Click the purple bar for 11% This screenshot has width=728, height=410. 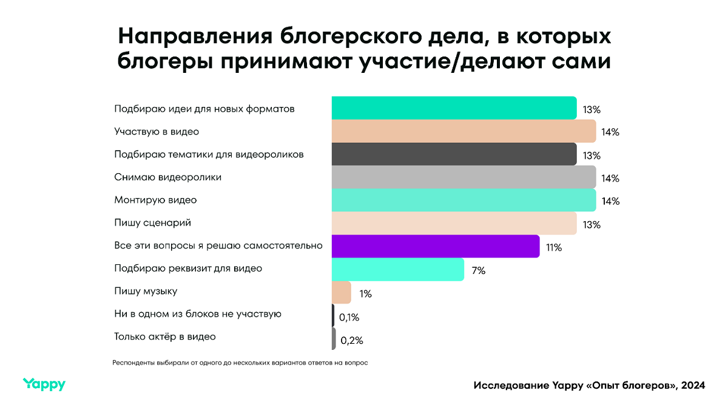(435, 247)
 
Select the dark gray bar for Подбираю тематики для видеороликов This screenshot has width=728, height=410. (454, 154)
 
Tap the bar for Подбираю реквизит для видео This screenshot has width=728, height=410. (397, 270)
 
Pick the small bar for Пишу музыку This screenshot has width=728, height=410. (342, 293)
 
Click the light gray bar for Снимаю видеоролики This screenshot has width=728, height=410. (463, 177)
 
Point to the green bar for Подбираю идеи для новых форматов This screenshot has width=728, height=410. (454, 108)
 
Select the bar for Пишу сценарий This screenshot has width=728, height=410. (454, 224)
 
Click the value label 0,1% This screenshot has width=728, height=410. (349, 317)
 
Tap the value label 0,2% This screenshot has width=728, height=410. (351, 340)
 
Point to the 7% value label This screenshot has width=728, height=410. (478, 271)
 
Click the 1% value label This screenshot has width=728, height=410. (365, 294)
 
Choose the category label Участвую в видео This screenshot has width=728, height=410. (157, 131)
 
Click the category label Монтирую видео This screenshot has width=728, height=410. (155, 200)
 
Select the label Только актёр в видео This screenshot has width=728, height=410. (165, 337)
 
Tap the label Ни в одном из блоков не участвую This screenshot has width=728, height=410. (198, 314)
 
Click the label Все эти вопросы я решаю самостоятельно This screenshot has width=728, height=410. (218, 246)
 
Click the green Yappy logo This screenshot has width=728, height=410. (44, 384)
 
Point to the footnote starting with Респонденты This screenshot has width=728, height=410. (240, 363)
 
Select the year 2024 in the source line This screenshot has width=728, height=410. (693, 386)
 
